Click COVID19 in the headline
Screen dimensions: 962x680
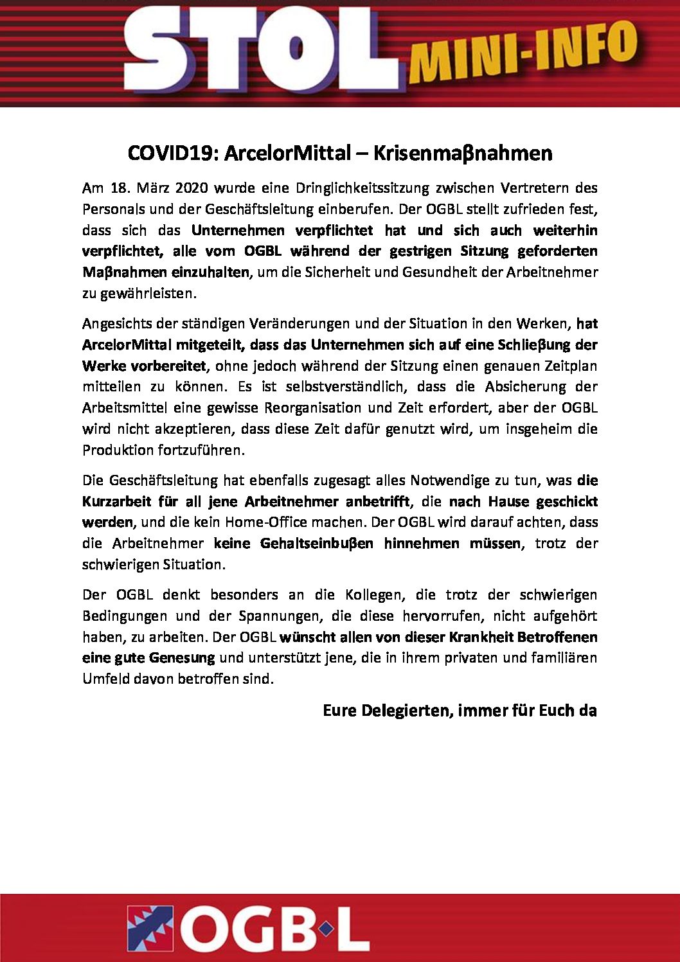coord(173,153)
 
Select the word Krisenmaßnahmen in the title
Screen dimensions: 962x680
coord(463,153)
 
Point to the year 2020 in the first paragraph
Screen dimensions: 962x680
coord(191,188)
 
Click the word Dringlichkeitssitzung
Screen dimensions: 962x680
coord(362,188)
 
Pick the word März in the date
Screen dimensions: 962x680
coord(152,188)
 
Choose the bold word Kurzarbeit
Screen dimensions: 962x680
coord(116,501)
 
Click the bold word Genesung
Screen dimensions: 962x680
coord(182,658)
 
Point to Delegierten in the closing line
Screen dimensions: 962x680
coord(406,711)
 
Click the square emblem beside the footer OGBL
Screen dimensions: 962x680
coord(150,929)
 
